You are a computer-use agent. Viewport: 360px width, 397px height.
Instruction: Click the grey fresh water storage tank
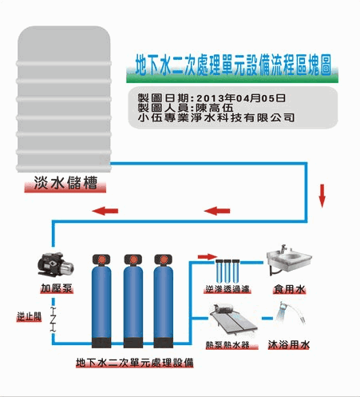64,99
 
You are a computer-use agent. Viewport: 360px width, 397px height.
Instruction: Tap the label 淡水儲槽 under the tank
65,183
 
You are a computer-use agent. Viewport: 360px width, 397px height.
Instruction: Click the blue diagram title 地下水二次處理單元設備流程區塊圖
233,66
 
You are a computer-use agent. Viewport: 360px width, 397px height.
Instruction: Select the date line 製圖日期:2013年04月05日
212,98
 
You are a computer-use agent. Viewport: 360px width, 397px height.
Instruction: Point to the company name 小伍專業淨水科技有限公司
216,117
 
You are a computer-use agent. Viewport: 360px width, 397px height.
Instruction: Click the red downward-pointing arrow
322,196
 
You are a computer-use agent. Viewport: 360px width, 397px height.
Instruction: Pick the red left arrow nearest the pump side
105,211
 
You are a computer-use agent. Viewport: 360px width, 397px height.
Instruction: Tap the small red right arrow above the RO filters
208,256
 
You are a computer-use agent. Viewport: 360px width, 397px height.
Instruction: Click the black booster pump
55,265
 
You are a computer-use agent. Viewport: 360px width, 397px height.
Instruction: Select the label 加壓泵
57,288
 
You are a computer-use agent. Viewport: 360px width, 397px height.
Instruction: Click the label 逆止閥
29,316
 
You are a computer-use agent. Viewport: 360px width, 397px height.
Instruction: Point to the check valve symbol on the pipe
53,320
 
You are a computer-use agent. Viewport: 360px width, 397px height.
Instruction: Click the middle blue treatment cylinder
133,301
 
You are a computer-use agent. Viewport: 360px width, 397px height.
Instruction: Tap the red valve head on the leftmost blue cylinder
101,260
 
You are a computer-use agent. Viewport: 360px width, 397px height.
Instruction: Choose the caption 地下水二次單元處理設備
135,363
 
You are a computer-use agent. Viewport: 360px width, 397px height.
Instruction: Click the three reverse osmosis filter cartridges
227,271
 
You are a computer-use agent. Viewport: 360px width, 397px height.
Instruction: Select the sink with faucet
289,259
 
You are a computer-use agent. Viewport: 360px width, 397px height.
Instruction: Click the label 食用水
289,289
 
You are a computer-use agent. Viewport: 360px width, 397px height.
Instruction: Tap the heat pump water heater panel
233,321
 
